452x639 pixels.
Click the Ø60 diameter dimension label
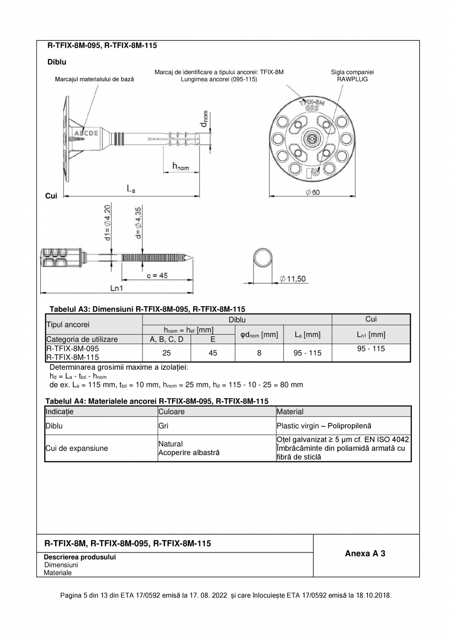click(x=312, y=192)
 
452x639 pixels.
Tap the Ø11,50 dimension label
click(x=293, y=279)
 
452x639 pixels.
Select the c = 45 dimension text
click(x=157, y=276)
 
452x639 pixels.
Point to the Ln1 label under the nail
click(x=116, y=288)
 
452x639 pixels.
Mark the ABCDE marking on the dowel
click(x=86, y=133)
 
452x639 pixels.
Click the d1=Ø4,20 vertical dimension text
click(x=108, y=222)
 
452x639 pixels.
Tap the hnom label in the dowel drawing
click(x=180, y=167)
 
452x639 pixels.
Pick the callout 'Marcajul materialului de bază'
click(x=94, y=79)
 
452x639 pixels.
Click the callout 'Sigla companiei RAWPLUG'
click(x=352, y=75)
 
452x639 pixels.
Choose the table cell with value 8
click(x=259, y=352)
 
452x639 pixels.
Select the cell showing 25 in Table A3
click(x=167, y=352)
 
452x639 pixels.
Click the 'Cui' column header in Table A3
click(x=371, y=319)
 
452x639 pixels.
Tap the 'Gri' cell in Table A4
click(x=163, y=426)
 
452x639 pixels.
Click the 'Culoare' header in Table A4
click(x=171, y=411)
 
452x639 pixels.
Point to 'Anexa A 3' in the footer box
click(x=365, y=553)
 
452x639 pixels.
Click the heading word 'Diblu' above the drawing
click(x=56, y=62)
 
